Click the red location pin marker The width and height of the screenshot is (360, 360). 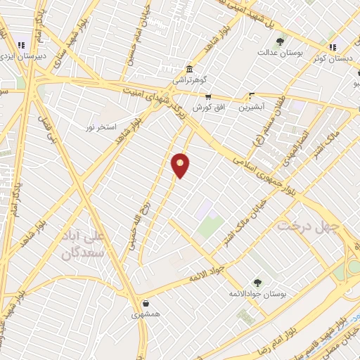(x=181, y=165)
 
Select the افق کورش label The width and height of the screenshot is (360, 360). (x=209, y=108)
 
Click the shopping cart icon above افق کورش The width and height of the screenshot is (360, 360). (x=209, y=97)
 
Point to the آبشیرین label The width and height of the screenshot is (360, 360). (x=251, y=108)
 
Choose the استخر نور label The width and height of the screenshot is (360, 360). (x=100, y=127)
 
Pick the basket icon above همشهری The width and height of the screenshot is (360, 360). (x=145, y=304)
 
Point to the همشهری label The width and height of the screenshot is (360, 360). (x=146, y=315)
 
